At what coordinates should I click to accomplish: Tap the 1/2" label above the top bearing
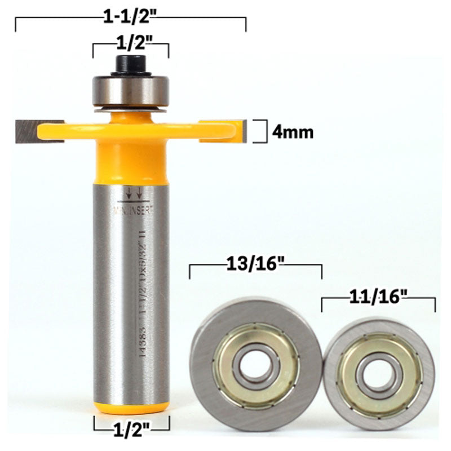tap(131, 42)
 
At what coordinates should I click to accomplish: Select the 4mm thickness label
tap(292, 132)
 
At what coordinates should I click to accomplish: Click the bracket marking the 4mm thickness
tap(260, 131)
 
